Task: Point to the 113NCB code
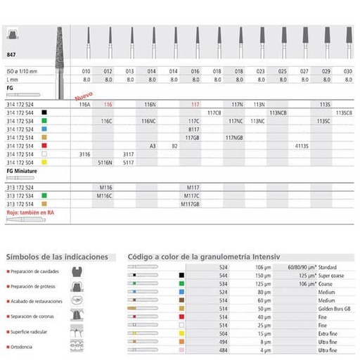[278, 112]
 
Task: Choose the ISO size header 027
[304, 71]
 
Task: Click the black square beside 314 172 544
[44, 112]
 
